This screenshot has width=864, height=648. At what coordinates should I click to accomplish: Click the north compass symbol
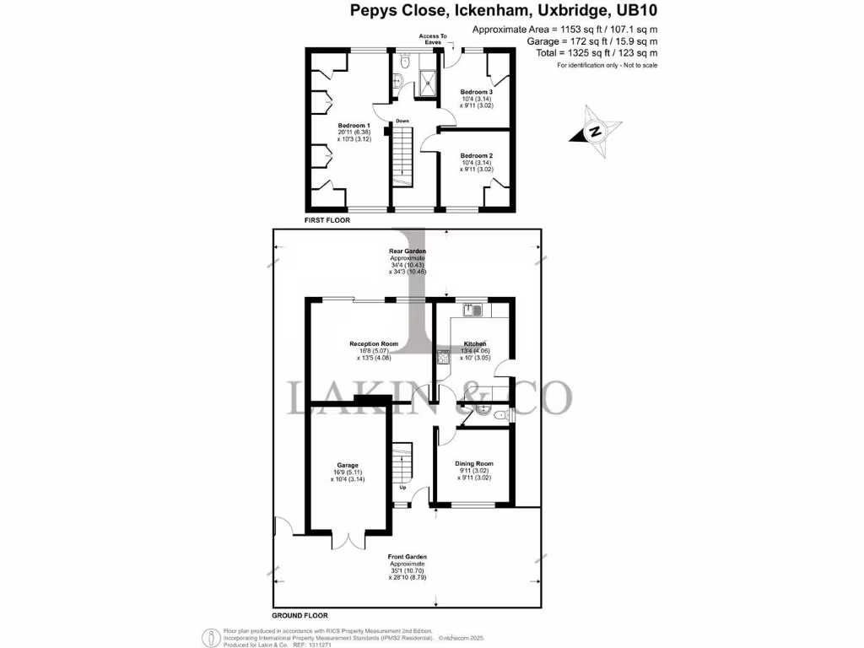(595, 132)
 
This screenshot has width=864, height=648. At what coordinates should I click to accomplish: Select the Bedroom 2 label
(476, 155)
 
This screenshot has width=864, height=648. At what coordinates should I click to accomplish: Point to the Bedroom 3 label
(476, 92)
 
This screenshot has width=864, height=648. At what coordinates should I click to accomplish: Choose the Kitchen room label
(476, 343)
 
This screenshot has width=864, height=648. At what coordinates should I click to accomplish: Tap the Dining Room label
(474, 464)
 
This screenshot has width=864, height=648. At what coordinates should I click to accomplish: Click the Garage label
(348, 465)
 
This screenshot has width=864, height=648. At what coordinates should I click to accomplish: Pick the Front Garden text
(408, 557)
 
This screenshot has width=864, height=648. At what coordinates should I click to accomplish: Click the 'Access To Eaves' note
(432, 40)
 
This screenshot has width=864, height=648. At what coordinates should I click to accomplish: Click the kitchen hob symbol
(441, 358)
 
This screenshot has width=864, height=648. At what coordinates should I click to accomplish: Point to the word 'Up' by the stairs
(402, 488)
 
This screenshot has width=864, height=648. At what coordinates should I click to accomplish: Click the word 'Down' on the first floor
(402, 121)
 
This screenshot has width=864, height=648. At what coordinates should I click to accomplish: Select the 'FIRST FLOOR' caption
(327, 219)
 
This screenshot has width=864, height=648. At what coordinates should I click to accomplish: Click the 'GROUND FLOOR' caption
(300, 616)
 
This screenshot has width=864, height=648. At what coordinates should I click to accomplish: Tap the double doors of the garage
(348, 541)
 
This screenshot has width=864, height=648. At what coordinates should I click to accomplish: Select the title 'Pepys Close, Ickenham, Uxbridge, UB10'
(503, 11)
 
